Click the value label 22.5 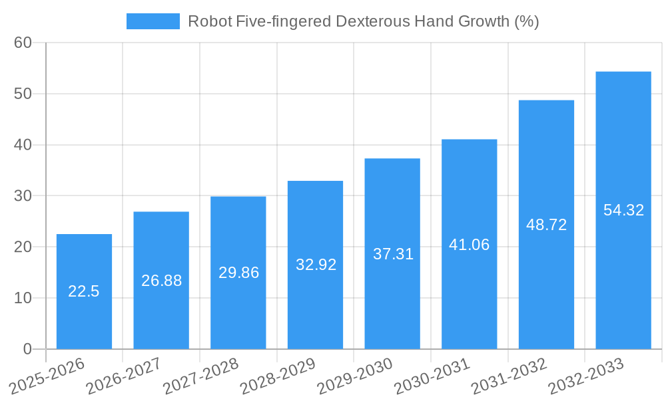tap(84, 291)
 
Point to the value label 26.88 tap(161, 281)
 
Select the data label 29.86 tap(238, 273)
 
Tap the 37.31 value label tap(392, 254)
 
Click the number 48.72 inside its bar tap(546, 225)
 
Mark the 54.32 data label tap(623, 210)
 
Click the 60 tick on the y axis tap(23, 43)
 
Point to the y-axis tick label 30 tap(23, 196)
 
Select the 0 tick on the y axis tap(27, 349)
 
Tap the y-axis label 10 tap(23, 298)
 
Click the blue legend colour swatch tap(153, 21)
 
